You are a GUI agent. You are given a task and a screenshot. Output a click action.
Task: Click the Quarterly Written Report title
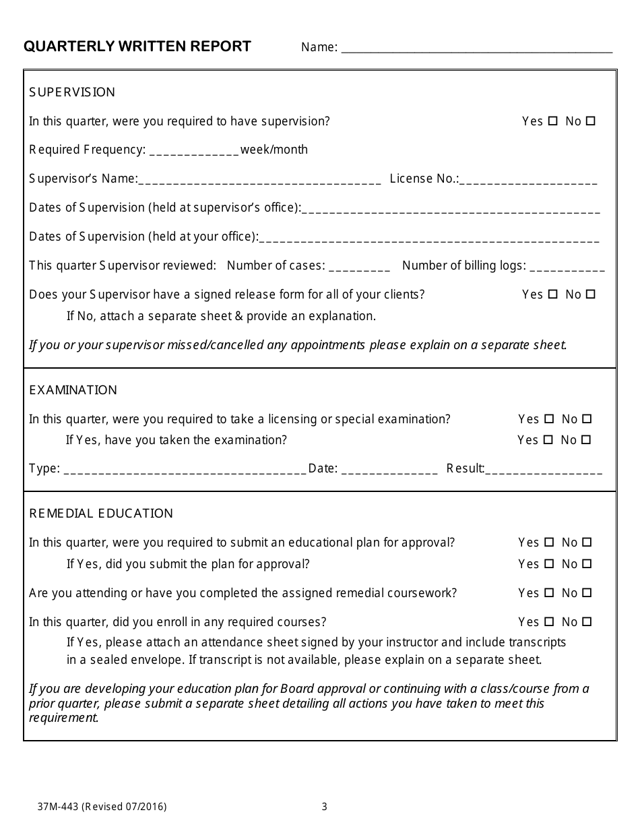pyautogui.click(x=137, y=47)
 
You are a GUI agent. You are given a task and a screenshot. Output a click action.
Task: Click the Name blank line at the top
pyautogui.click(x=477, y=49)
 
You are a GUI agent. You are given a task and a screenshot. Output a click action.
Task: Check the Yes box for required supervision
pyautogui.click(x=553, y=121)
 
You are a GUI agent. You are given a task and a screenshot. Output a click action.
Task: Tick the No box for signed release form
pyautogui.click(x=591, y=294)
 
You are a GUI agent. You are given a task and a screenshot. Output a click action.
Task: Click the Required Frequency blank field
pyautogui.click(x=194, y=151)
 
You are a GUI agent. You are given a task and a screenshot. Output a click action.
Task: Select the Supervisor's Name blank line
pyautogui.click(x=259, y=180)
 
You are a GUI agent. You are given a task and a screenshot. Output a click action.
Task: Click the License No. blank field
pyautogui.click(x=528, y=180)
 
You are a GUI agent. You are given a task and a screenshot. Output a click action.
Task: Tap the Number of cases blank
pyautogui.click(x=359, y=267)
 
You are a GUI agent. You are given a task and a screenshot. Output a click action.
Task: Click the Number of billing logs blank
pyautogui.click(x=567, y=267)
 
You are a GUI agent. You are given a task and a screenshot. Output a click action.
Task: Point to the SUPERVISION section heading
pyautogui.click(x=72, y=92)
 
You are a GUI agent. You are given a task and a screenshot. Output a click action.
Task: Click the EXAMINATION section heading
pyautogui.click(x=73, y=390)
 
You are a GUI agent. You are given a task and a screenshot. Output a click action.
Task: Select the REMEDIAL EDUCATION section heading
pyautogui.click(x=101, y=514)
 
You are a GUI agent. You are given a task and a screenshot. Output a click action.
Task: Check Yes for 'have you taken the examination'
pyautogui.click(x=548, y=440)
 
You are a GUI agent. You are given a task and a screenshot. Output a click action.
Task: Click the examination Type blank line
pyautogui.click(x=185, y=470)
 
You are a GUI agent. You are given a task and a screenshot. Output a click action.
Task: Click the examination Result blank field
pyautogui.click(x=544, y=470)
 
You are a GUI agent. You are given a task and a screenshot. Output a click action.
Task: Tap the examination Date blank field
pyautogui.click(x=389, y=470)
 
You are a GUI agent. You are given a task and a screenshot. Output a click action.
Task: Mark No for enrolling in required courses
pyautogui.click(x=587, y=621)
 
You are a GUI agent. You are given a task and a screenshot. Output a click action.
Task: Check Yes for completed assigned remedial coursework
pyautogui.click(x=549, y=593)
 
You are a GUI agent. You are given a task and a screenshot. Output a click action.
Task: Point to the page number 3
pyautogui.click(x=324, y=806)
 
